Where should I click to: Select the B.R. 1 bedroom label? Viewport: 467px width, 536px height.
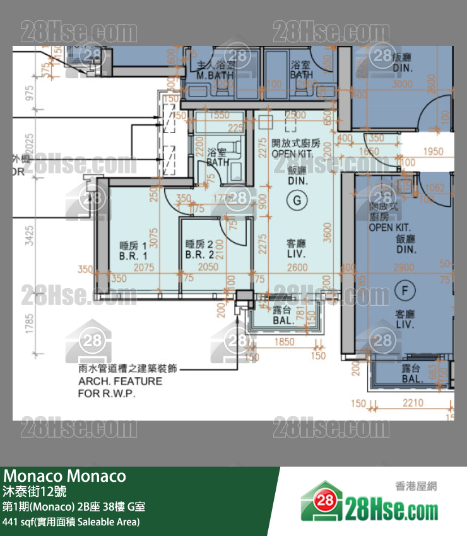coord(133,251)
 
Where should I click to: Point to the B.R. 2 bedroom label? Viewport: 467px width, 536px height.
coord(199,250)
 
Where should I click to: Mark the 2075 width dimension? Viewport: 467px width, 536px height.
coord(144,268)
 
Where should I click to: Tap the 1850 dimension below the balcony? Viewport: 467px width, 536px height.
coord(285,342)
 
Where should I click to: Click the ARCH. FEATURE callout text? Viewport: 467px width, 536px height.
coord(120,382)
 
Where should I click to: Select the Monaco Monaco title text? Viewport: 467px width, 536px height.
coord(65,475)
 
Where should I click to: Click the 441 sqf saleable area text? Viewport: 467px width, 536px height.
coord(71,521)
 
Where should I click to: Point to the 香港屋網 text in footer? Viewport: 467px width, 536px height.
coord(416,486)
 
